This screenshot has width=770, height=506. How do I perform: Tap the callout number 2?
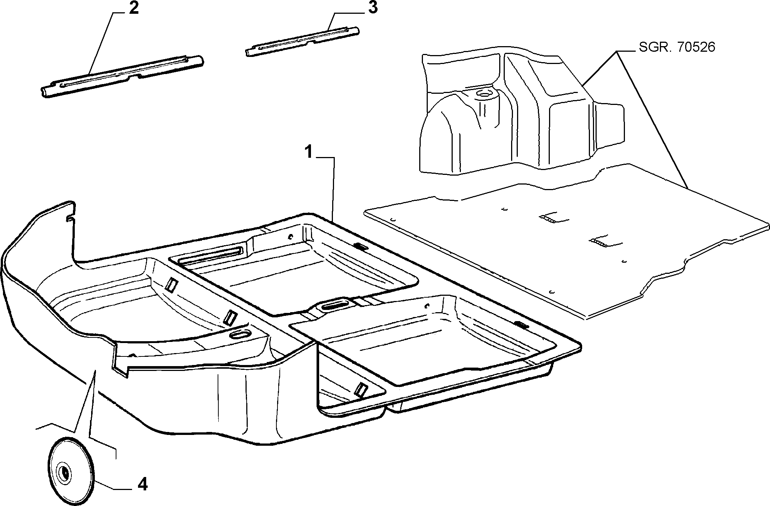(134, 8)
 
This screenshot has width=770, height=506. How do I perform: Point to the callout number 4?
(142, 484)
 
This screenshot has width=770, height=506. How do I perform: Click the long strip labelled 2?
(122, 76)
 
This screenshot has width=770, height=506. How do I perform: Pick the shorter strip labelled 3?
(302, 41)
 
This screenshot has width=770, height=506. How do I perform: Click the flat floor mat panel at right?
(565, 240)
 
